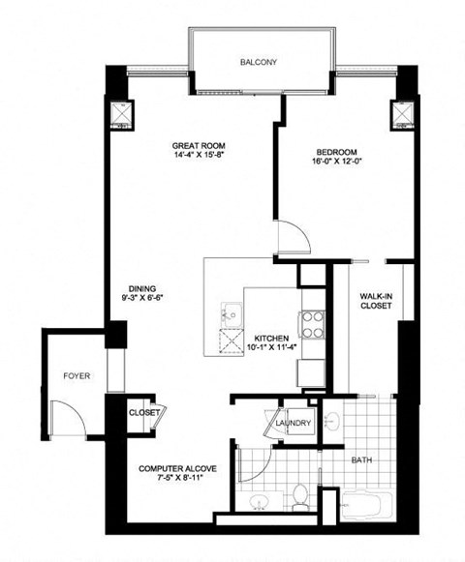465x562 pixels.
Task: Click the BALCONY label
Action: (x=259, y=62)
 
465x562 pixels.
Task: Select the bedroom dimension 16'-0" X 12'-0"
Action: (x=337, y=163)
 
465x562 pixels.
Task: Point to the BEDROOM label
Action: (x=337, y=152)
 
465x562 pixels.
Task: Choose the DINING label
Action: (x=143, y=287)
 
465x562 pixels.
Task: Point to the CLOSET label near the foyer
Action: (x=143, y=413)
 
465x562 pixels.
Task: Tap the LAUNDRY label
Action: (x=292, y=423)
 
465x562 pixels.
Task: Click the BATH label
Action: (x=362, y=460)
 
